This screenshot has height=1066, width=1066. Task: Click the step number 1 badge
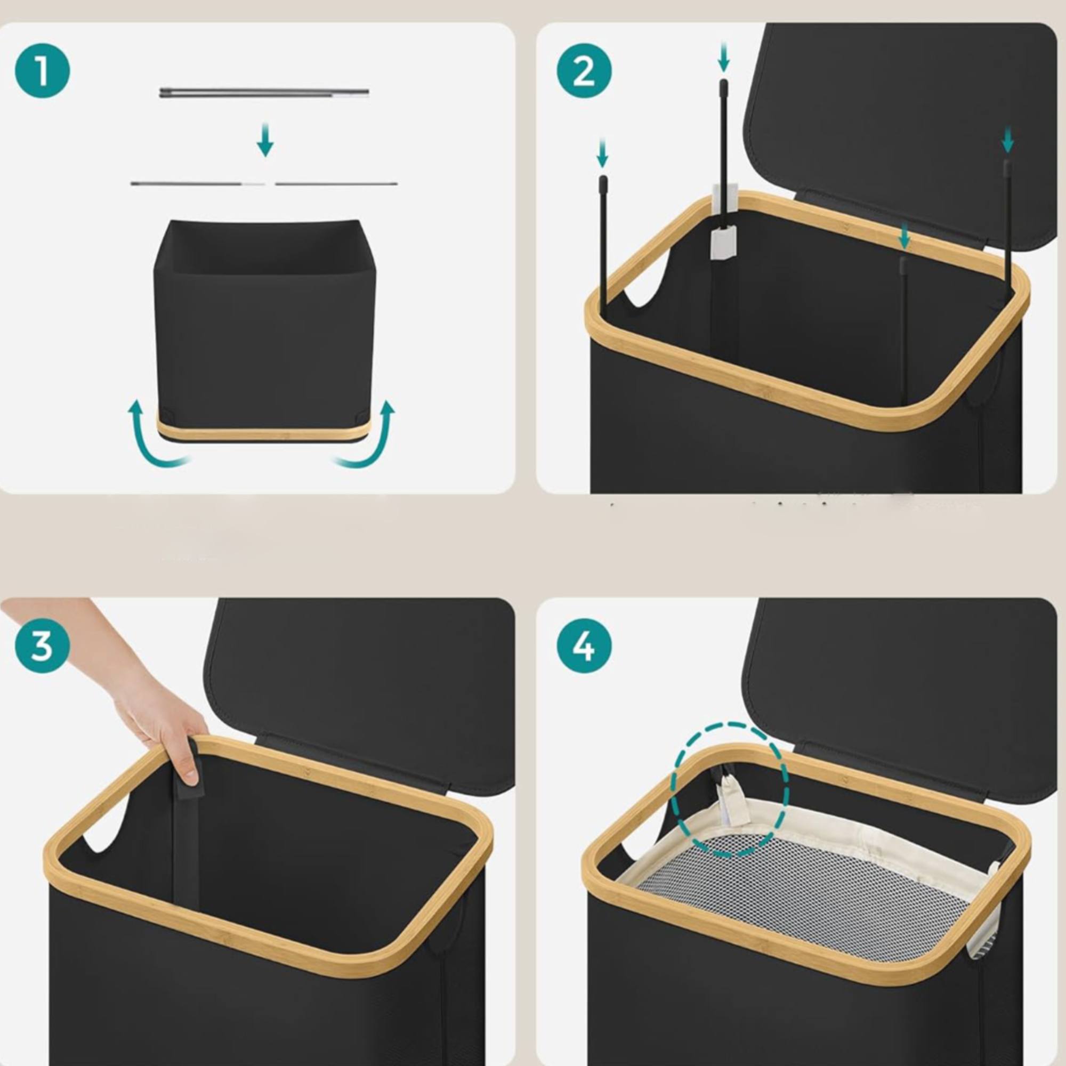[x=43, y=71]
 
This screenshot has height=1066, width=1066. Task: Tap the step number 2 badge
[x=584, y=71]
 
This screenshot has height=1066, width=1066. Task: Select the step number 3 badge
[x=43, y=646]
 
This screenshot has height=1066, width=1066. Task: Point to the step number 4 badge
[x=584, y=646]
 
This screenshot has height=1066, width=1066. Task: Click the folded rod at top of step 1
[x=264, y=93]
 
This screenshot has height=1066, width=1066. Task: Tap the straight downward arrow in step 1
[x=265, y=140]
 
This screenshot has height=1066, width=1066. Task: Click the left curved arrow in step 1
[x=156, y=435]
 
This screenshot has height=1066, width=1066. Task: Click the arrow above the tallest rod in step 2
[x=724, y=58]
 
